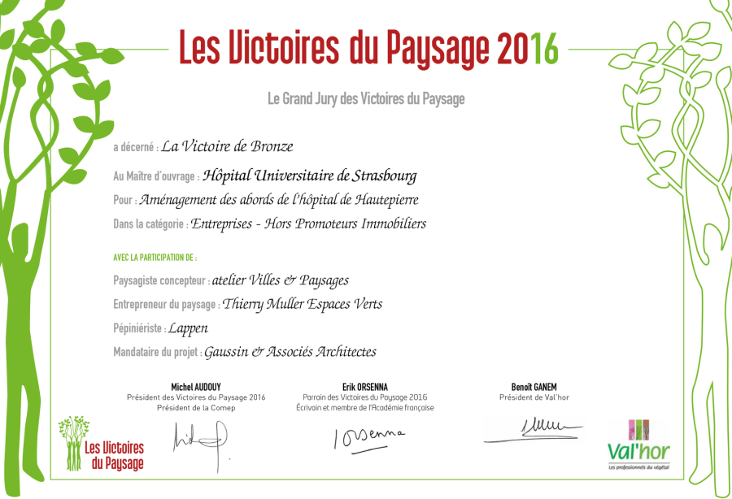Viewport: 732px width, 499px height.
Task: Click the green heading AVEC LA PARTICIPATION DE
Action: click(155, 258)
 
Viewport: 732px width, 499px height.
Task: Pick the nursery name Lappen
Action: click(188, 328)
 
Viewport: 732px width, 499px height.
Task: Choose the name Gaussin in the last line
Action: click(226, 352)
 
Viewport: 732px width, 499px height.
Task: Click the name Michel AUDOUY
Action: click(196, 387)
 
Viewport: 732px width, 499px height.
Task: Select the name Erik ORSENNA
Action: click(365, 387)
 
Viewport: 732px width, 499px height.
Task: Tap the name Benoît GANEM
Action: click(534, 387)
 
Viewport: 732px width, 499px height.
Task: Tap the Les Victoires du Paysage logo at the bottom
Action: click(102, 445)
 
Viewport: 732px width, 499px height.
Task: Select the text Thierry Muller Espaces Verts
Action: click(302, 304)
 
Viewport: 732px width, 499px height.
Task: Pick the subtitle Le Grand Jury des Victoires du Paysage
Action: click(366, 99)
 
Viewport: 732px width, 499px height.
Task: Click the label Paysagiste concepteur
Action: click(161, 280)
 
